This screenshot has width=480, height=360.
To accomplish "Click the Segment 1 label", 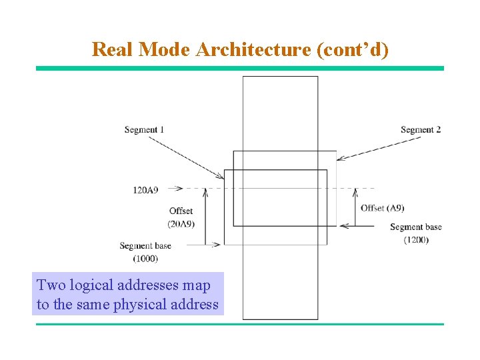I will (x=144, y=129).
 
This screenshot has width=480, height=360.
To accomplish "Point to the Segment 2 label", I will (x=421, y=129).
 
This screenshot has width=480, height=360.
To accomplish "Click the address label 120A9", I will (x=145, y=191).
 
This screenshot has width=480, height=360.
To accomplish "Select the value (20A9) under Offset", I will (x=181, y=224).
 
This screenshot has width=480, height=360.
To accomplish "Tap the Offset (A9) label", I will (x=382, y=208).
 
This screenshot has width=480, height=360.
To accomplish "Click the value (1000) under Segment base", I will (x=145, y=258).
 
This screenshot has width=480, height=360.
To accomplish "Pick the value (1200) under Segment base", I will (x=415, y=239).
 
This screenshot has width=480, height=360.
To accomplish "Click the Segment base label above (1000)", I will (x=145, y=246).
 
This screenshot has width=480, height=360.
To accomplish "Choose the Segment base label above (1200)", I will (x=415, y=227).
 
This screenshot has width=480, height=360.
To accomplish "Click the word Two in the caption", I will (x=51, y=285).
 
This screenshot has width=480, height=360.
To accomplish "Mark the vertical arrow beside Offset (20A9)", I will (x=205, y=217).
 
